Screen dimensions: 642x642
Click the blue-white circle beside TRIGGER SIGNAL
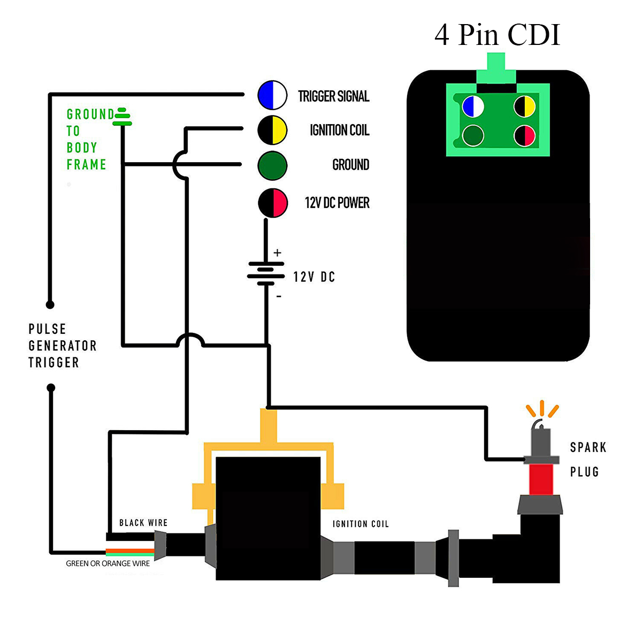point(273,95)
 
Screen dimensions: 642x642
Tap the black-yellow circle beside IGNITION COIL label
point(273,130)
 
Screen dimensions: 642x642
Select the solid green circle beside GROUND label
point(273,165)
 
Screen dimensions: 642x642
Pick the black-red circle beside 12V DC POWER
point(273,203)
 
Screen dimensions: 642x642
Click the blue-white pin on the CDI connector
point(473,106)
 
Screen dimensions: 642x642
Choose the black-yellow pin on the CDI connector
point(525,106)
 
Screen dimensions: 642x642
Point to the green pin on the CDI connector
point(473,136)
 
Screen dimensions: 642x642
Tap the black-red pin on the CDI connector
point(525,136)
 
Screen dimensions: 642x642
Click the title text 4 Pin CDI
point(497,35)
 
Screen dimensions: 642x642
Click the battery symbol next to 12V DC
point(266,273)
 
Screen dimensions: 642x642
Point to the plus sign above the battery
point(277,253)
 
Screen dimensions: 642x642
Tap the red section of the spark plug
point(541,479)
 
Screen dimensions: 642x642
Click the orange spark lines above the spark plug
point(542,409)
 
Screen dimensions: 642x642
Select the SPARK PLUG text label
point(587,459)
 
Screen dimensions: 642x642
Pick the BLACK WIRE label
point(143,523)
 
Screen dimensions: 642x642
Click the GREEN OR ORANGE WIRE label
point(108,563)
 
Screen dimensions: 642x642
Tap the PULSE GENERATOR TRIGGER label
point(62,346)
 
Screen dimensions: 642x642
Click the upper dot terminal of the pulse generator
point(50,305)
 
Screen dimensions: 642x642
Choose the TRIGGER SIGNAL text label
point(334,96)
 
